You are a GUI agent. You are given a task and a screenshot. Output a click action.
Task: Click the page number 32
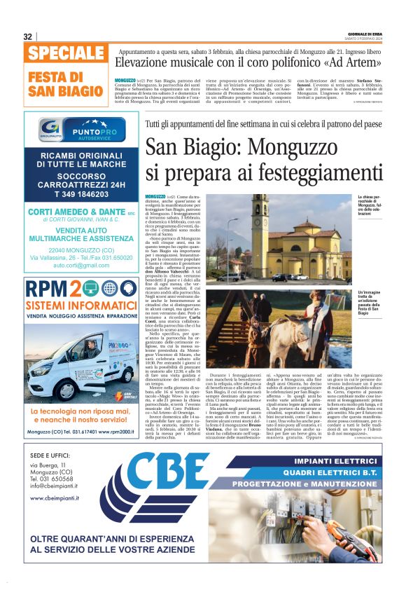(x=28, y=36)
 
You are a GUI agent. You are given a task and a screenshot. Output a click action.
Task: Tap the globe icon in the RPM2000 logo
(x=109, y=288)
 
